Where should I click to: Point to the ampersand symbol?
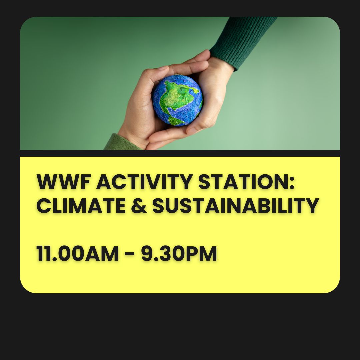click(139, 206)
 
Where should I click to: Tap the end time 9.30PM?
click(179, 254)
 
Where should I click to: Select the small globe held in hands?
click(177, 100)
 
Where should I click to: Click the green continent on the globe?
click(177, 92)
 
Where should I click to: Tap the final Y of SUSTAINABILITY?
click(312, 206)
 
